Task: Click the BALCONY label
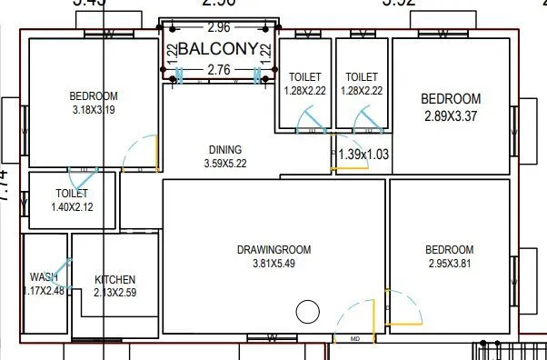218,49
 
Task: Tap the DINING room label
225,151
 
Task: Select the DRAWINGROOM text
274,250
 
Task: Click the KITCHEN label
115,279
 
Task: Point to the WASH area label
44,277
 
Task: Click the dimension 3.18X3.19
93,110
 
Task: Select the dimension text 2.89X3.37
450,116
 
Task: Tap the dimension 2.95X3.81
449,264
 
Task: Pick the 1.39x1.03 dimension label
363,155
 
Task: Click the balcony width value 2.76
218,70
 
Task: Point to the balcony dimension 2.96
218,27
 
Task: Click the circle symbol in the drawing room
308,312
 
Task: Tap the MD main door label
354,339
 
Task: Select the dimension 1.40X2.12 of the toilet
72,207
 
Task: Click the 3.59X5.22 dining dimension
225,165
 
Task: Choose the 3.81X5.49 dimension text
274,264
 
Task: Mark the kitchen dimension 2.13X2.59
115,293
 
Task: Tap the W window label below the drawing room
272,339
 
